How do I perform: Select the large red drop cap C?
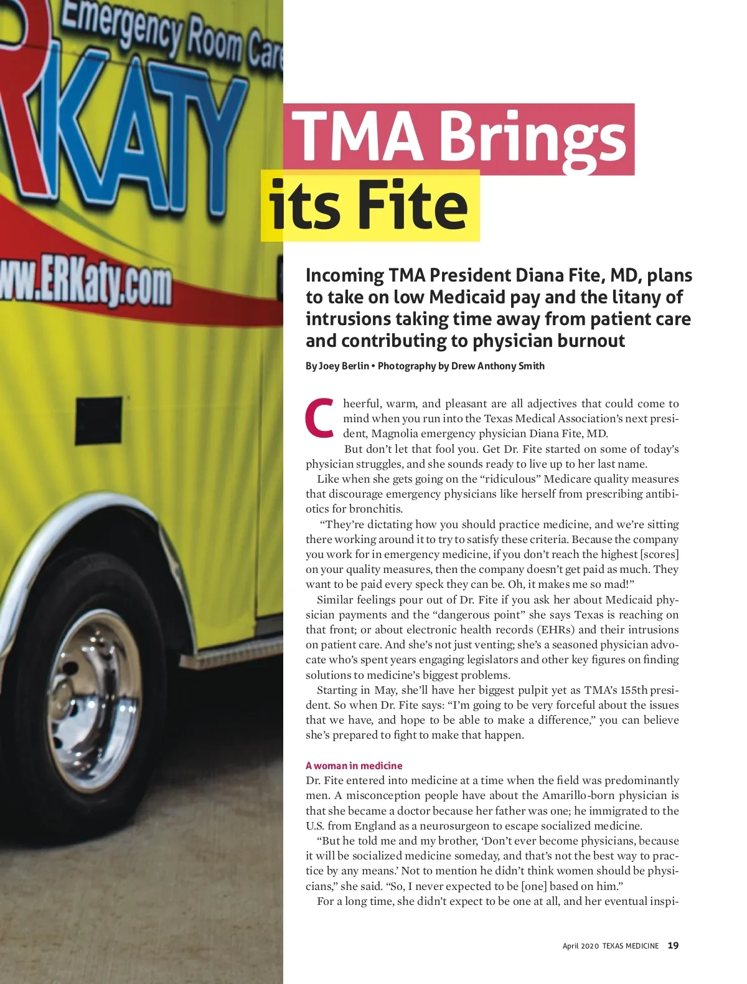[x=320, y=417]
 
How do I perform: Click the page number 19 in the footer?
[x=673, y=945]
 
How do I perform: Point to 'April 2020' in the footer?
[x=580, y=946]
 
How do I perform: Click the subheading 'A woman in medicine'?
[x=354, y=765]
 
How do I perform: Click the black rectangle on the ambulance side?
[x=98, y=421]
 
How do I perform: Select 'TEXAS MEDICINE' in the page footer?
[x=630, y=946]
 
